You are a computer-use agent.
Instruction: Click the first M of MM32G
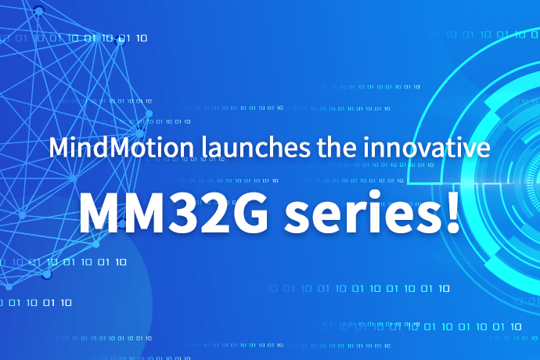101,209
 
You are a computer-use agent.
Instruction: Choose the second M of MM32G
146,209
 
